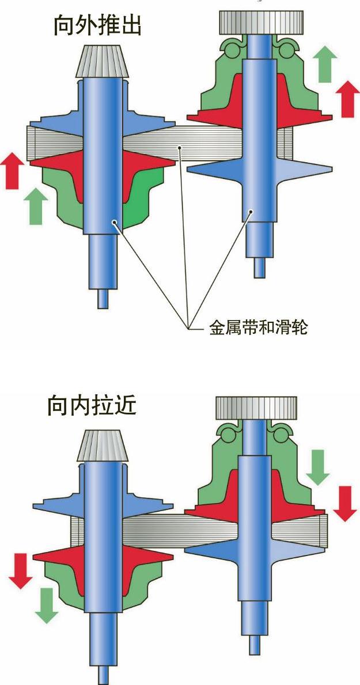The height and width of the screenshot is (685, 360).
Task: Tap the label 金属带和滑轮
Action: pyautogui.click(x=259, y=328)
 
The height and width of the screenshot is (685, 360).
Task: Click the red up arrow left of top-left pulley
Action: pyautogui.click(x=14, y=170)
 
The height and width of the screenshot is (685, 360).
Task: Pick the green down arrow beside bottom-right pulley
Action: pyautogui.click(x=317, y=467)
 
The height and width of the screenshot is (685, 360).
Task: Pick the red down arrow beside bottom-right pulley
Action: pyautogui.click(x=345, y=503)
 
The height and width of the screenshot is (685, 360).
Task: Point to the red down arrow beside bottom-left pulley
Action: pyautogui.click(x=21, y=570)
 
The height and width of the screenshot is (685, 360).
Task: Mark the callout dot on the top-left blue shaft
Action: pyautogui.click(x=115, y=222)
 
